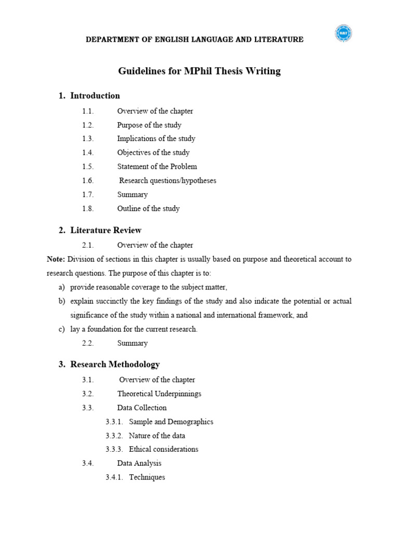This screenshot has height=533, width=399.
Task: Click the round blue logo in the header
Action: pos(343,34)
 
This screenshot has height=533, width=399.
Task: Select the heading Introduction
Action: pos(95,96)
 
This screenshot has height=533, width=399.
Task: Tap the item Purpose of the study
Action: pos(149,125)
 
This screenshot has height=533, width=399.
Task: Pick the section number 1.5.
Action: pos(88,167)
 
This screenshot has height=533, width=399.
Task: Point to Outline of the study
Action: pos(148,209)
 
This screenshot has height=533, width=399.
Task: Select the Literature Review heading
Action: pos(106,230)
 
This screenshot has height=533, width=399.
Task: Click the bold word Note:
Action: pos(56,259)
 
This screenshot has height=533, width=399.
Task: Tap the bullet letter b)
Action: pos(62,301)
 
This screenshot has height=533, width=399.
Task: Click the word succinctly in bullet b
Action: pos(115,301)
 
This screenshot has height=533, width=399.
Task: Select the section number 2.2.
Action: pos(88,344)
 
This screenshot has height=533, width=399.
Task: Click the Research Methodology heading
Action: pos(115,364)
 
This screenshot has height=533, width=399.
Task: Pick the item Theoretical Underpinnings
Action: pos(159,394)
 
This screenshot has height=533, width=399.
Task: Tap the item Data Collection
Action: pos(142,408)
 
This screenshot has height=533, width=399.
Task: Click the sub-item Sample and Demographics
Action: pos(171,422)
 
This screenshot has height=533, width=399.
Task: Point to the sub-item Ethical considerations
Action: pos(164,449)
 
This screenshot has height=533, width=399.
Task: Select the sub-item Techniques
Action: pos(147,477)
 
